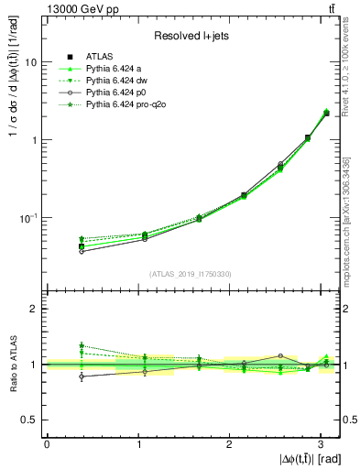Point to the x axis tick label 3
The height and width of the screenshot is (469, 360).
coord(322,444)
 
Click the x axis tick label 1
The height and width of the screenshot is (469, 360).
coord(138,444)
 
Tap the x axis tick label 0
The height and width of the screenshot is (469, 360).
coord(47,444)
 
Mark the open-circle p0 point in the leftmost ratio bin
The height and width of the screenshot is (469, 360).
coord(82,376)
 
